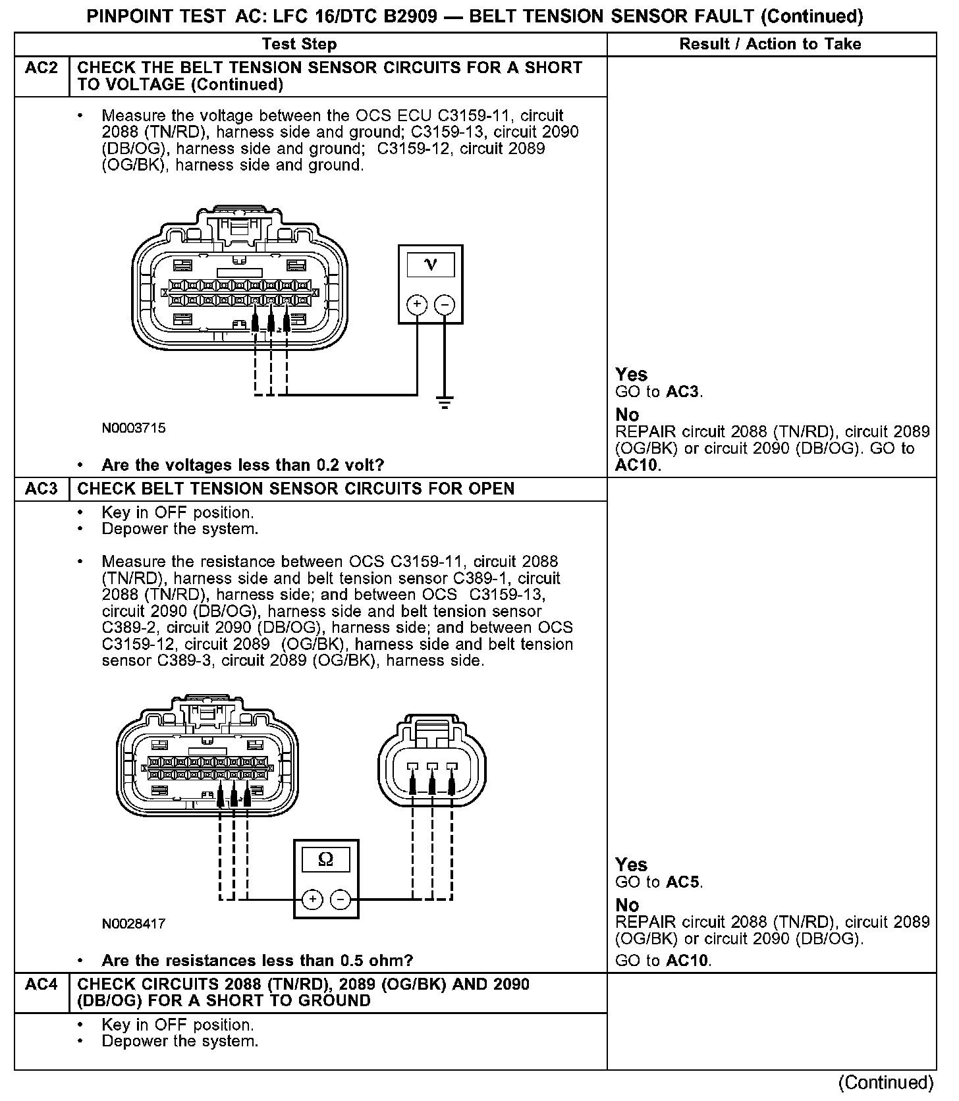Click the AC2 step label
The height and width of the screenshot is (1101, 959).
tap(41, 68)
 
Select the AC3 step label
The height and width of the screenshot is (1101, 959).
tap(41, 489)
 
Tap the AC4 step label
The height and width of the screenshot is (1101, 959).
tap(41, 984)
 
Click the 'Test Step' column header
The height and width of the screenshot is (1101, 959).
tap(299, 44)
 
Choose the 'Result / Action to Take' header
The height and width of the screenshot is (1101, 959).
tap(770, 44)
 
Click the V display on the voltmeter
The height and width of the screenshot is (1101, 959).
tap(431, 264)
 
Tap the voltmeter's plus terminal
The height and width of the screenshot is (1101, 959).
tap(417, 304)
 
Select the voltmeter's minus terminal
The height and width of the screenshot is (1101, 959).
tap(445, 304)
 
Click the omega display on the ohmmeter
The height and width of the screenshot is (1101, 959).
tap(325, 859)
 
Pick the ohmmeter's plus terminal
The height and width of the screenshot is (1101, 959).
tap(313, 899)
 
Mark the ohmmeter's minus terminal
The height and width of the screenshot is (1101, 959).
tap(340, 899)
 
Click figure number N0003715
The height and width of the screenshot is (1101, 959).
tap(134, 428)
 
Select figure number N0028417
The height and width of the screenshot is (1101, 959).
tap(134, 923)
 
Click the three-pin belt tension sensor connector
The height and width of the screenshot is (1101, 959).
tap(432, 761)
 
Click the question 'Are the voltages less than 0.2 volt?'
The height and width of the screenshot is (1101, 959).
tap(242, 465)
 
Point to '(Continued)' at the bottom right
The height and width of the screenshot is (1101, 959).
tap(886, 1083)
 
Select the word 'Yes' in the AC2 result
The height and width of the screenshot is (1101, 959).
tap(632, 374)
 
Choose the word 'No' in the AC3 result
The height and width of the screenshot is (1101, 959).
tap(627, 905)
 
